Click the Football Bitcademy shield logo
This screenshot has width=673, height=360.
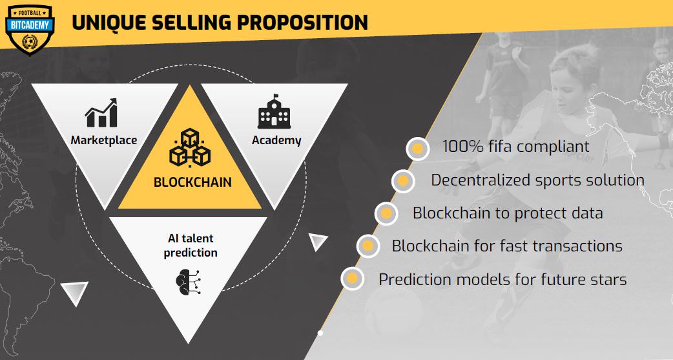pyautogui.click(x=30, y=30)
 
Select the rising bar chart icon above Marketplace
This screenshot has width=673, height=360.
pyautogui.click(x=101, y=113)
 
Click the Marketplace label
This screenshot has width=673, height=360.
pyautogui.click(x=104, y=140)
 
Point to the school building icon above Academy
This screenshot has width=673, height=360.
pyautogui.click(x=274, y=112)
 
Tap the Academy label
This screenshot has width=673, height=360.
pyautogui.click(x=276, y=140)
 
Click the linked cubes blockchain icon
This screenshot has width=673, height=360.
pyautogui.click(x=190, y=147)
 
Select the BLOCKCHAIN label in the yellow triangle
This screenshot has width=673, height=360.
pyautogui.click(x=192, y=182)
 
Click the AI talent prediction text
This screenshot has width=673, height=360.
pyautogui.click(x=191, y=246)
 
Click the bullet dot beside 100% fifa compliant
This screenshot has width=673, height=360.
pyautogui.click(x=418, y=149)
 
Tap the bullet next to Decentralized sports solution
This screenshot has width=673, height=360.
pyautogui.click(x=403, y=181)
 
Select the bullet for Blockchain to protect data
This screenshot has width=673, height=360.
pyautogui.click(x=386, y=213)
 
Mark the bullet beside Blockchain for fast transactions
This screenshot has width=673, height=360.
pyautogui.click(x=368, y=246)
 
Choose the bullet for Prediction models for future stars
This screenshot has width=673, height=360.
pyautogui.click(x=353, y=279)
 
